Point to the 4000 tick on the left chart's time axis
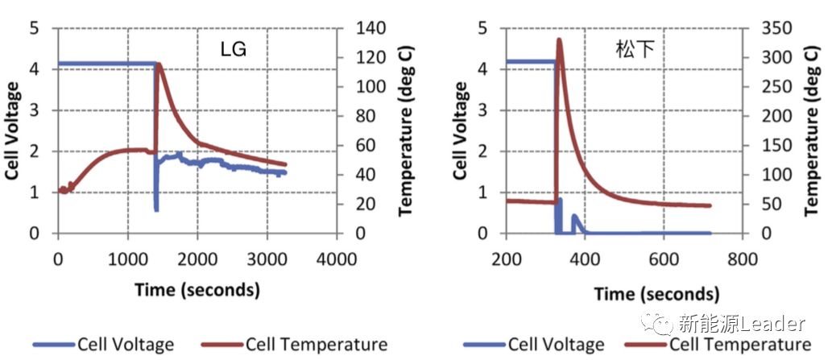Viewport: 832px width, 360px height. [336, 259]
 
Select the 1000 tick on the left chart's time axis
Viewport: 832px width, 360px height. [127, 259]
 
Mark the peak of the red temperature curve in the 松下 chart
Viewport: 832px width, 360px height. [559, 39]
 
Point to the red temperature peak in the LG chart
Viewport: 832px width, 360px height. [159, 64]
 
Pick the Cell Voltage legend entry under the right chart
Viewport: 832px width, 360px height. [556, 345]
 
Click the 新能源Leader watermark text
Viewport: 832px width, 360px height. [741, 324]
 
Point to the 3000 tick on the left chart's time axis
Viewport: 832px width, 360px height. [267, 259]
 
